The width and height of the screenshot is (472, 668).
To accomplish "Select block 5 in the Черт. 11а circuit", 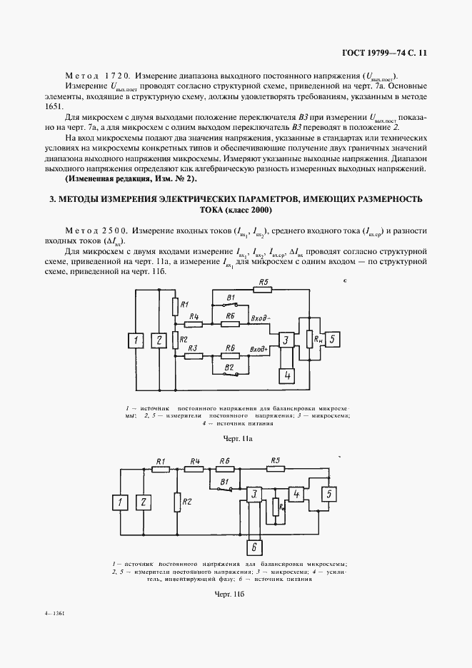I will click(x=335, y=339).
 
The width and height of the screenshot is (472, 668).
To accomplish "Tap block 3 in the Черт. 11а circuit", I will click(x=286, y=340).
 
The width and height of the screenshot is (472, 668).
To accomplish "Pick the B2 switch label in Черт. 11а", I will click(x=230, y=366).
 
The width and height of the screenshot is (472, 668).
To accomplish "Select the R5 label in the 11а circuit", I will click(x=264, y=282).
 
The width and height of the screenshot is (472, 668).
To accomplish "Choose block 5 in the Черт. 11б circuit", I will click(x=328, y=493).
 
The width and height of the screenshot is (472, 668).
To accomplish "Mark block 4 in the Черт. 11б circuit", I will click(x=297, y=495).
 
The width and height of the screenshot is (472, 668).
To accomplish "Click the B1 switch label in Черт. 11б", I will click(x=224, y=482).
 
